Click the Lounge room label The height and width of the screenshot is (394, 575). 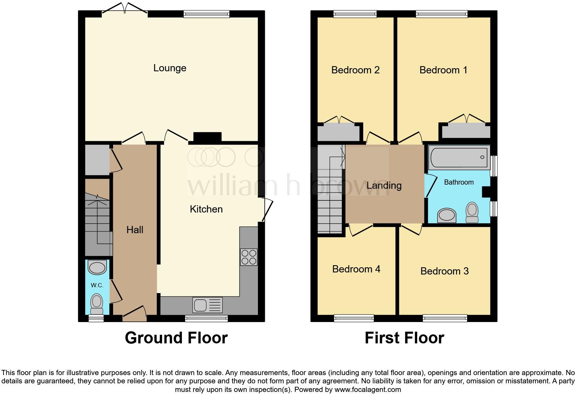(170, 68)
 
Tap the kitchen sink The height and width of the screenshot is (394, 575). (208, 305)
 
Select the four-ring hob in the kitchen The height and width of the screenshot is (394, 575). (249, 257)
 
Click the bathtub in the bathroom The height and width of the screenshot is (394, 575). (459, 157)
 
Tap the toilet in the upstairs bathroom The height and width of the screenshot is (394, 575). (472, 212)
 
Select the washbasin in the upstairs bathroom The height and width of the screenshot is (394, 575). (446, 216)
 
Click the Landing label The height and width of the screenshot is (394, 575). (384, 186)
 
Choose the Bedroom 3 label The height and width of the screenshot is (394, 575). (444, 271)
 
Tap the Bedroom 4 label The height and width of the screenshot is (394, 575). (356, 269)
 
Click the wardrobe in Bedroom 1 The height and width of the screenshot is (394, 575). (466, 131)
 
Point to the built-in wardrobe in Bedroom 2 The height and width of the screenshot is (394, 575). (339, 133)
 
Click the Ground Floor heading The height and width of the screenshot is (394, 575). (176, 338)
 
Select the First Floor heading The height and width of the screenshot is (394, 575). (404, 338)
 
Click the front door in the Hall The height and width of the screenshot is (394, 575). (134, 313)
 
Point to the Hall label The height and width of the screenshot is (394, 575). (134, 230)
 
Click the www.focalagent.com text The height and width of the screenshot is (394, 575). (368, 390)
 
